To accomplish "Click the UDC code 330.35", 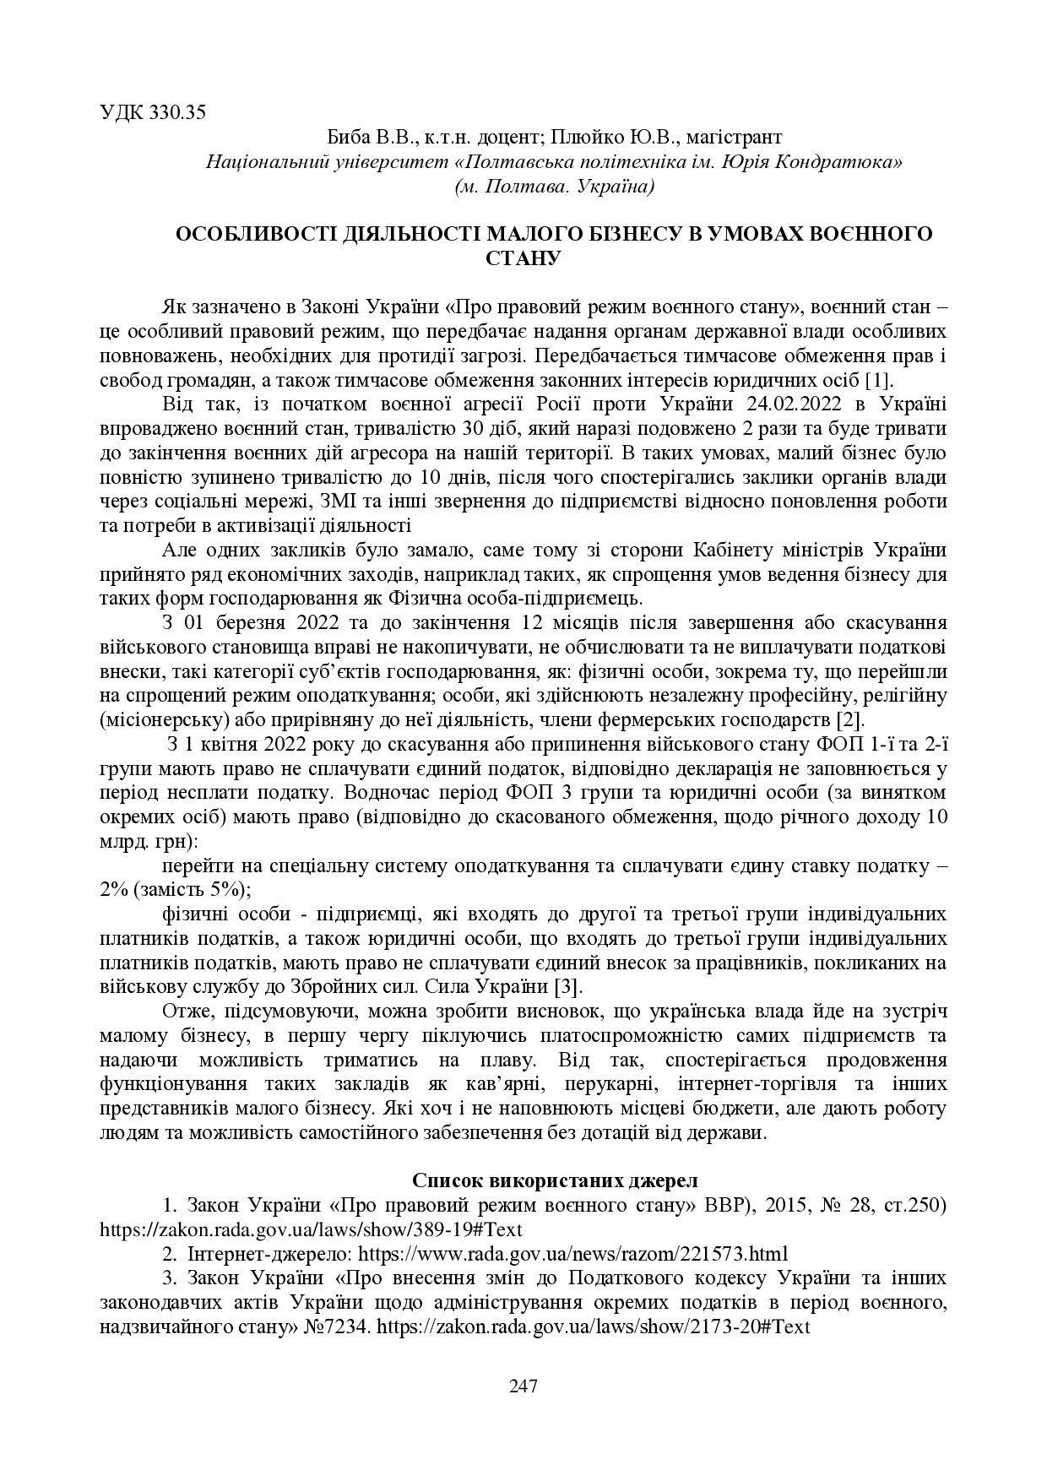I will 177,112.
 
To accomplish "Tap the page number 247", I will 523,1386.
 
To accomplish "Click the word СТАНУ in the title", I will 523,257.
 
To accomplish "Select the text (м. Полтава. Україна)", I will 554,185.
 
